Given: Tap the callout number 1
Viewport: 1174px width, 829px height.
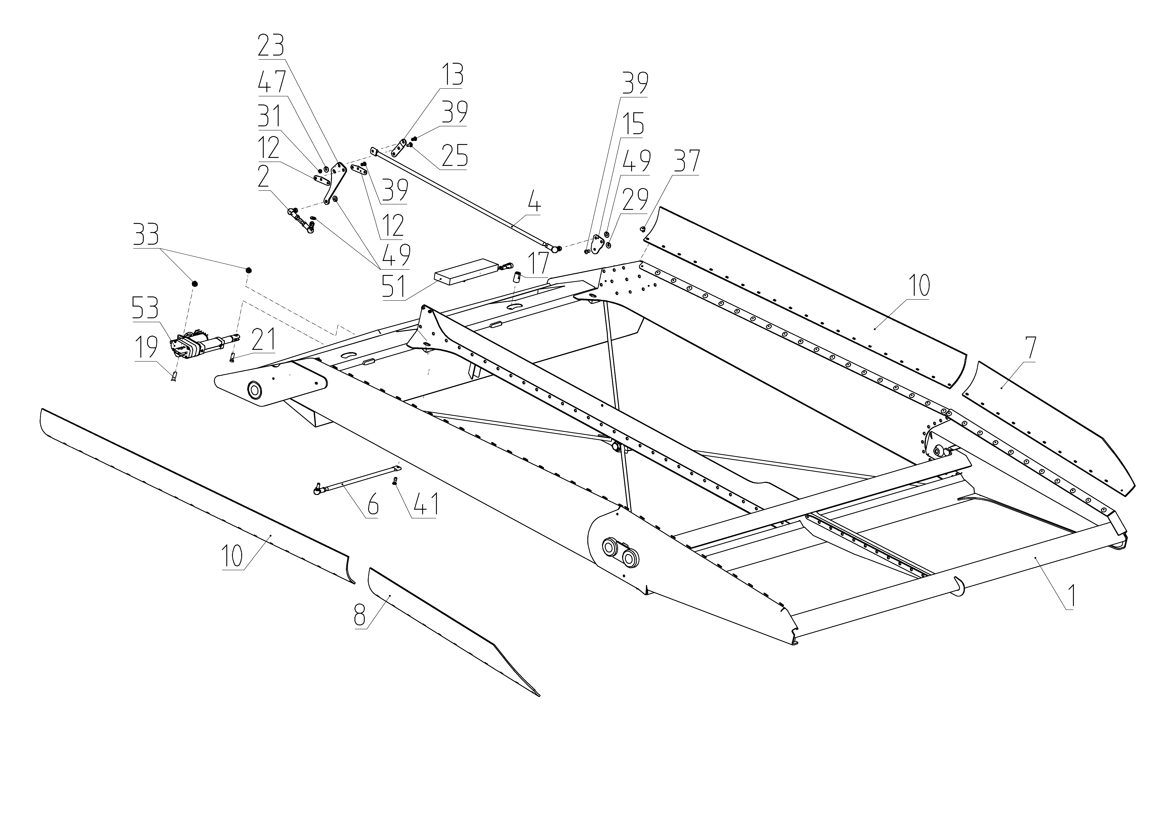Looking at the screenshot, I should [1071, 596].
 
